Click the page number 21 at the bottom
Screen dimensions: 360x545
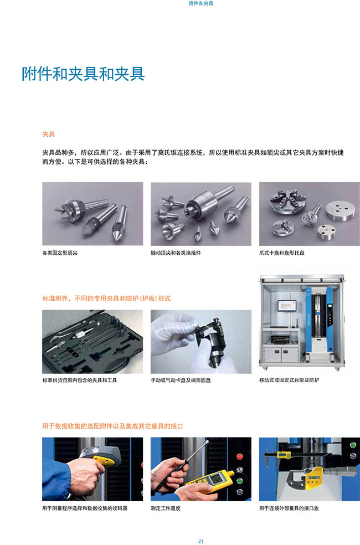[x=200, y=541]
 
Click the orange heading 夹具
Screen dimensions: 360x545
[x=48, y=134]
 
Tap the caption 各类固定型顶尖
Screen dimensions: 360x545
[x=60, y=253]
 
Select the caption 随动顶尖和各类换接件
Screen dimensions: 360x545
[x=176, y=253]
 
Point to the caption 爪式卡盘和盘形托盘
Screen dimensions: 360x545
[x=281, y=253]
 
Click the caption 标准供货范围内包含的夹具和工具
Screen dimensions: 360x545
[x=80, y=381]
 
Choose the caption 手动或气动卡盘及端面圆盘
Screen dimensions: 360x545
[x=181, y=381]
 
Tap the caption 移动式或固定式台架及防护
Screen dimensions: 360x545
[x=289, y=381]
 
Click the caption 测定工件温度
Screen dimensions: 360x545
[x=166, y=508]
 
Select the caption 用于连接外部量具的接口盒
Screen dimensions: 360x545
[x=289, y=508]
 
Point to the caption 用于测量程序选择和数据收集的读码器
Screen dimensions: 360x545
[x=85, y=508]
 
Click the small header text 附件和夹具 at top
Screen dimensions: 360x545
[x=201, y=3]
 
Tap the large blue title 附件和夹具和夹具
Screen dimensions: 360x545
[x=83, y=73]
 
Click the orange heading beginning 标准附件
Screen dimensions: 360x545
[x=106, y=298]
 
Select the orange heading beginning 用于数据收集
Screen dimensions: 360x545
[x=112, y=426]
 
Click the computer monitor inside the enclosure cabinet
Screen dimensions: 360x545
[x=287, y=306]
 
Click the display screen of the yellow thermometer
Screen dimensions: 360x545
[x=214, y=479]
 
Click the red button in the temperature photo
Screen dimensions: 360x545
[x=239, y=456]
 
